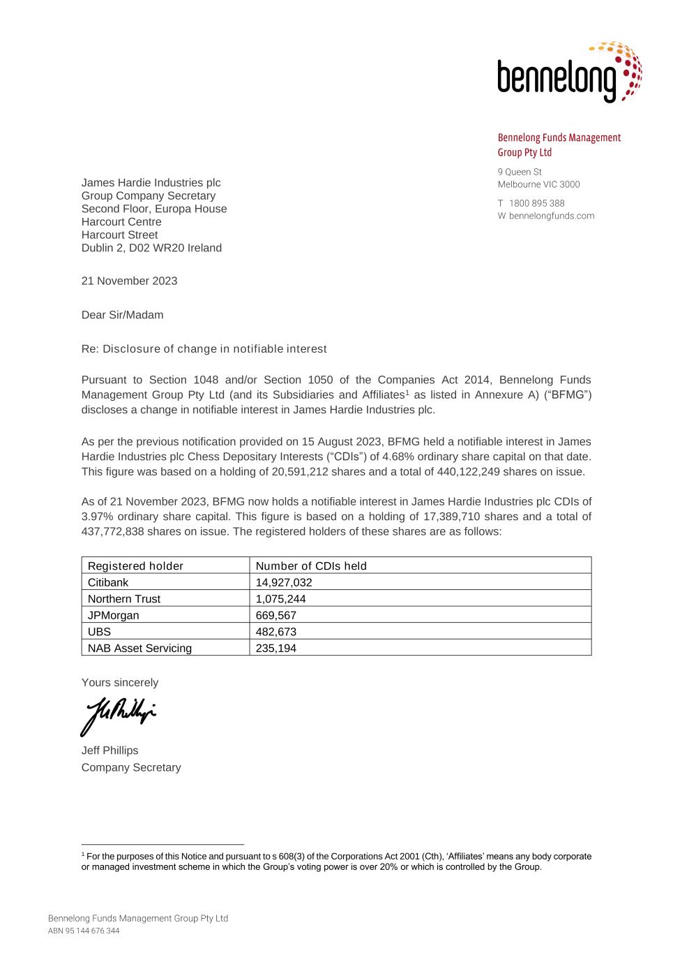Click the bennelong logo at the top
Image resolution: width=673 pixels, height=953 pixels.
pos(568,73)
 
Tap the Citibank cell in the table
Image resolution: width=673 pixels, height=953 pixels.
pos(108,582)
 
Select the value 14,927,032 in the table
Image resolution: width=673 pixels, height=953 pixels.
pos(284,582)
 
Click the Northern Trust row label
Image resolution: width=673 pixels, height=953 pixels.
pos(124,599)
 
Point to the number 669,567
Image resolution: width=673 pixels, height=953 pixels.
pos(276,615)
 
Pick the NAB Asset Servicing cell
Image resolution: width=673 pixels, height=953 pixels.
pos(139,648)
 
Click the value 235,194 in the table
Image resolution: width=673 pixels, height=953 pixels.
pos(276,648)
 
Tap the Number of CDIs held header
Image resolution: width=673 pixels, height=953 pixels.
pos(311,566)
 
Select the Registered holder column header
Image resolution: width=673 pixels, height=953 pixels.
pos(135,566)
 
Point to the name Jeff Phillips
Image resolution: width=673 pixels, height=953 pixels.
pos(110,751)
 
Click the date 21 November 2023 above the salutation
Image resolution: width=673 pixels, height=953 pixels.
pos(129,281)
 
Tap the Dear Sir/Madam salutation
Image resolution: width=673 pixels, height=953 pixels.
pos(122,315)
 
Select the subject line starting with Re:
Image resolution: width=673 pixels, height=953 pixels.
pos(204,348)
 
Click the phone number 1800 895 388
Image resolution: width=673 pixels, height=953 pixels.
pos(537,203)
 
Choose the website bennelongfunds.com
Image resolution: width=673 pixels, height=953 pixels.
pos(552,216)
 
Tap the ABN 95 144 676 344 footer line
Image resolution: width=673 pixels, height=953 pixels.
pos(84,931)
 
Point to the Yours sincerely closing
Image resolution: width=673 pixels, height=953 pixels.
pos(120,682)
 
